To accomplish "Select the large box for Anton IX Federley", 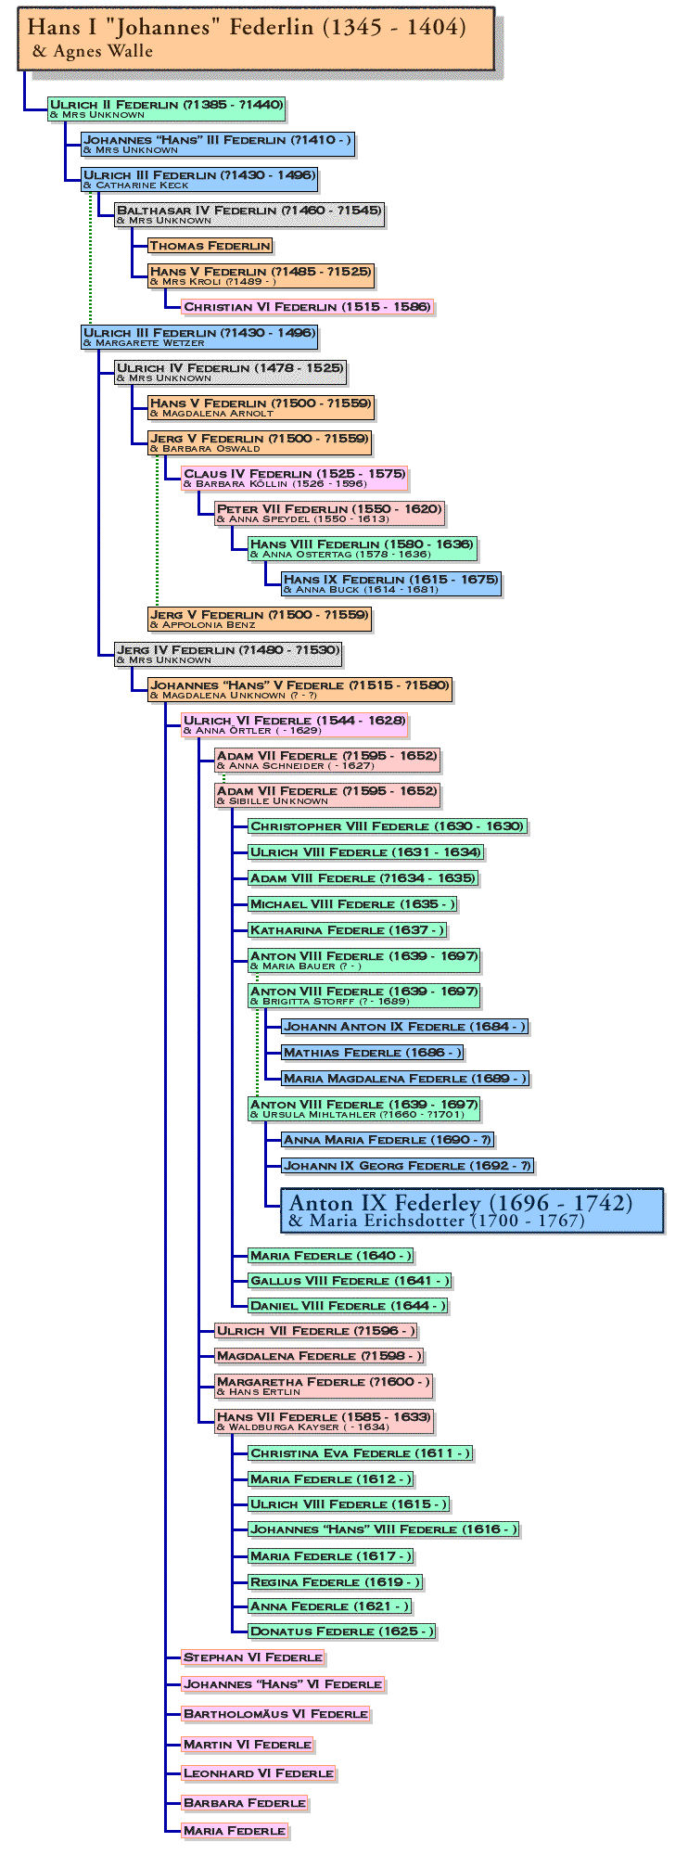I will point(472,1210).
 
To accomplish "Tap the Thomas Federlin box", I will point(210,246).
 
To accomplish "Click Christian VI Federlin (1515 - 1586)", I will point(307,307).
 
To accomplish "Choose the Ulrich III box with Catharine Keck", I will point(199,179).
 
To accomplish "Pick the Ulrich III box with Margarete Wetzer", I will point(199,337).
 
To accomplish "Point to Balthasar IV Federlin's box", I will point(248,214).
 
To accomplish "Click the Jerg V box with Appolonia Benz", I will point(260,619).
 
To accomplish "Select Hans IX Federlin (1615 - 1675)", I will point(391,583).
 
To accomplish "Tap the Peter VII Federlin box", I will point(329,513).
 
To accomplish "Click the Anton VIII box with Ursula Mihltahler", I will point(364,1108).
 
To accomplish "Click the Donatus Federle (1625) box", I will point(341,1631).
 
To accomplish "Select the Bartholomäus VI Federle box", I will point(276,1714).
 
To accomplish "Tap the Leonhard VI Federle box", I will point(259,1773).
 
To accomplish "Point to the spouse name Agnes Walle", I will point(92,52).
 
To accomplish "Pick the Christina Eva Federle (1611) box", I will point(361,1453).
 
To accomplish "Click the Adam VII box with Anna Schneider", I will point(327,760).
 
